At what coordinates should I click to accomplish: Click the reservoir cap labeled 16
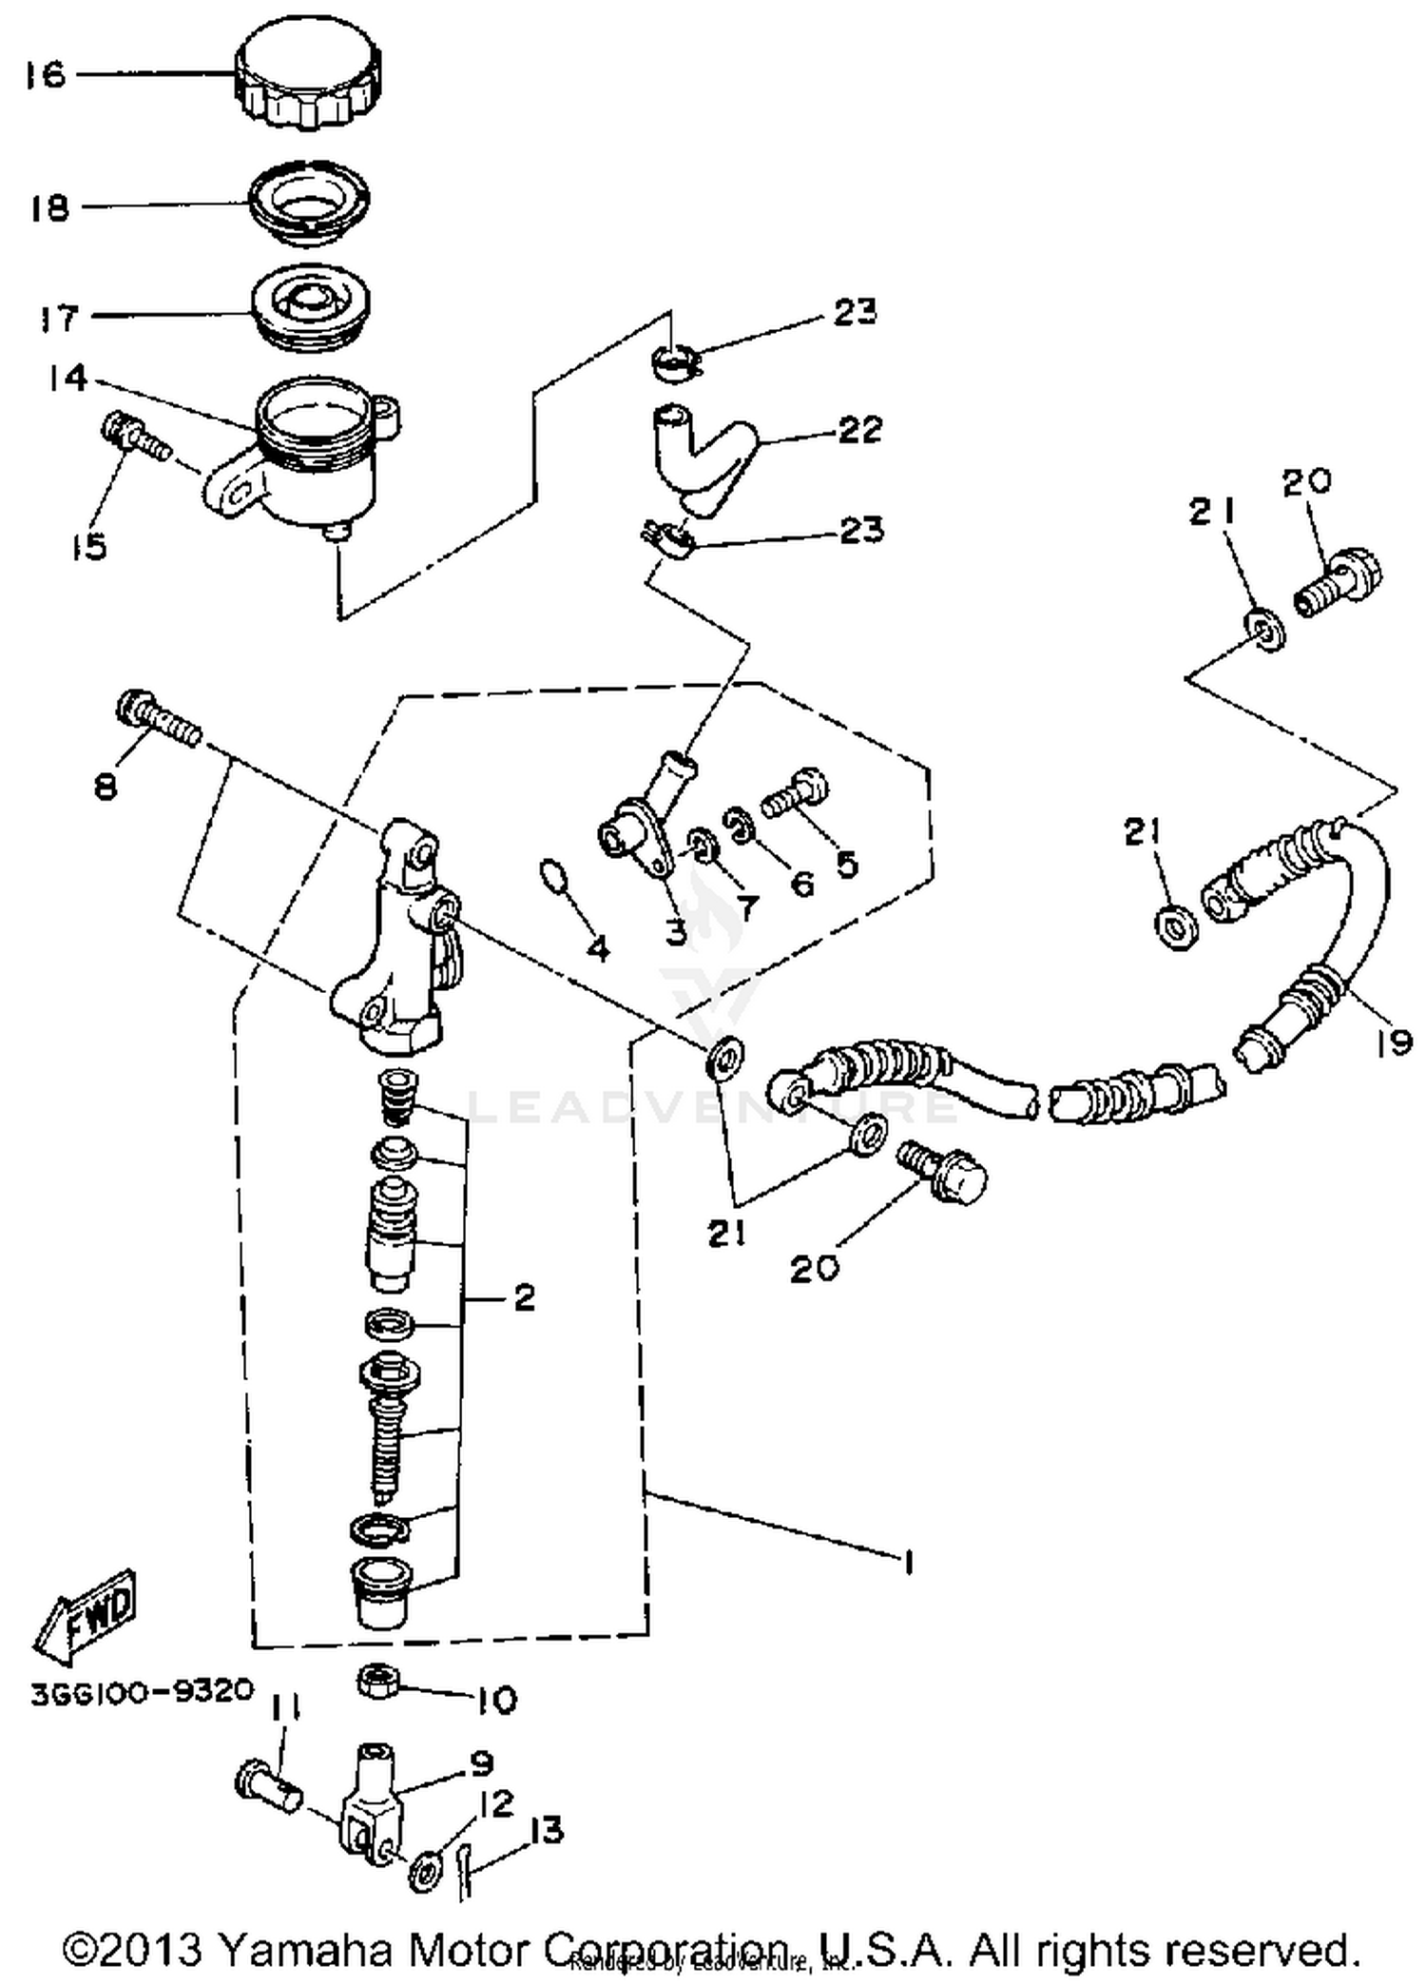(308, 75)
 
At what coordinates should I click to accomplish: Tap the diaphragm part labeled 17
(310, 306)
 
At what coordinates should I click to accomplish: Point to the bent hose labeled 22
(703, 457)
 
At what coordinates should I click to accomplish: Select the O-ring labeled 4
(554, 876)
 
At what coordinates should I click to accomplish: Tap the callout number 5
(846, 863)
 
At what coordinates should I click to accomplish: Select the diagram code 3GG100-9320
(143, 1692)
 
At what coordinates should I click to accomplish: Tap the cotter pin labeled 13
(462, 1868)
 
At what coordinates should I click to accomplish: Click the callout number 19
(1393, 1042)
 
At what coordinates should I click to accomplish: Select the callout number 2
(524, 1297)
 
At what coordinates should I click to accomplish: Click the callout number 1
(908, 1562)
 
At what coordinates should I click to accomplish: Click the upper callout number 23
(855, 312)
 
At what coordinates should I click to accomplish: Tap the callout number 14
(67, 379)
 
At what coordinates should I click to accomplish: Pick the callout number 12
(496, 1802)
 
